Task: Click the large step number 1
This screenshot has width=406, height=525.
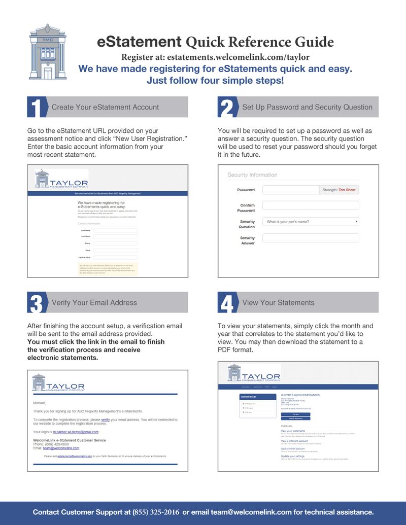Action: click(36, 108)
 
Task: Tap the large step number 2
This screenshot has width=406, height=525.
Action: click(226, 108)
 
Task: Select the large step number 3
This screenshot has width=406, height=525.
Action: click(36, 303)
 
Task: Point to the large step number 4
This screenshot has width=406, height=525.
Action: click(226, 303)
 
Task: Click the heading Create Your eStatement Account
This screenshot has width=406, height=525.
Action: click(105, 107)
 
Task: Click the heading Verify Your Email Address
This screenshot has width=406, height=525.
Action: click(94, 302)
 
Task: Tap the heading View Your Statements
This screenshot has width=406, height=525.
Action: click(278, 302)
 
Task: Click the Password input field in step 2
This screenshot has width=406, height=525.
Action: click(290, 190)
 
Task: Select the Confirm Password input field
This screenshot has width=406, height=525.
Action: click(311, 205)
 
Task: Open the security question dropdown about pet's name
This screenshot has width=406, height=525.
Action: click(311, 222)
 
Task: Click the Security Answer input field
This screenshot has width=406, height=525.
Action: click(311, 238)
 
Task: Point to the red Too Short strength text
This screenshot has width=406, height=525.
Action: click(347, 190)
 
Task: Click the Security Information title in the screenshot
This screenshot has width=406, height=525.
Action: click(252, 175)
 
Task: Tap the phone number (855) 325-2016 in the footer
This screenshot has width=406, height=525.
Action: click(156, 512)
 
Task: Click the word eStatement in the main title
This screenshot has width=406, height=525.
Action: click(139, 41)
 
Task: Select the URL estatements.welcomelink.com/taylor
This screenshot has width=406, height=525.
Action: click(238, 57)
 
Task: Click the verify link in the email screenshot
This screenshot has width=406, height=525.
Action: click(106, 420)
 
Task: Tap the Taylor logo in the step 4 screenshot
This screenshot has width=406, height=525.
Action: click(254, 373)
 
